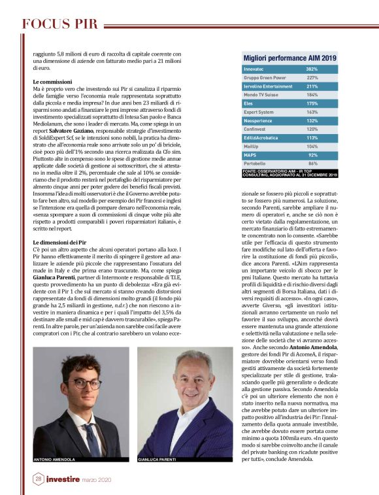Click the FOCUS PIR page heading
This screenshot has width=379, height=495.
point(59,25)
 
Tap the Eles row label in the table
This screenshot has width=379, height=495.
point(248,103)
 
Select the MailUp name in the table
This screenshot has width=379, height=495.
point(251,146)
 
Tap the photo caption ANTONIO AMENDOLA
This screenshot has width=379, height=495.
point(54,460)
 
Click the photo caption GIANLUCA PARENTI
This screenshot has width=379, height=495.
point(157,460)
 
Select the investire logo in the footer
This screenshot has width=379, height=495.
point(63,479)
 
